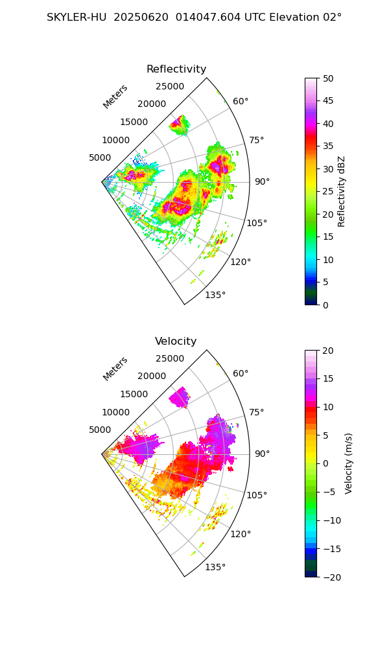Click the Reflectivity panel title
176,69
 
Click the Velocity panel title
176,341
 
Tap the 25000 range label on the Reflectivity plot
170,87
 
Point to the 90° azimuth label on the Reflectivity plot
262,181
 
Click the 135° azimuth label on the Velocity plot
215,567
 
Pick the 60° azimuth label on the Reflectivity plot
241,101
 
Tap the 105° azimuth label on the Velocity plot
257,495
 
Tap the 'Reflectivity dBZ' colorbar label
342,191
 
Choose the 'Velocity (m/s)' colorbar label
349,463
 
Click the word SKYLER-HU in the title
77,17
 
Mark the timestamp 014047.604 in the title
210,17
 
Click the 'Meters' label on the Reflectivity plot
115,97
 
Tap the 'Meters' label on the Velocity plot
115,369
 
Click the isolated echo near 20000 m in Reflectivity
180,124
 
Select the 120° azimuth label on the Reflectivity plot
241,262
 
